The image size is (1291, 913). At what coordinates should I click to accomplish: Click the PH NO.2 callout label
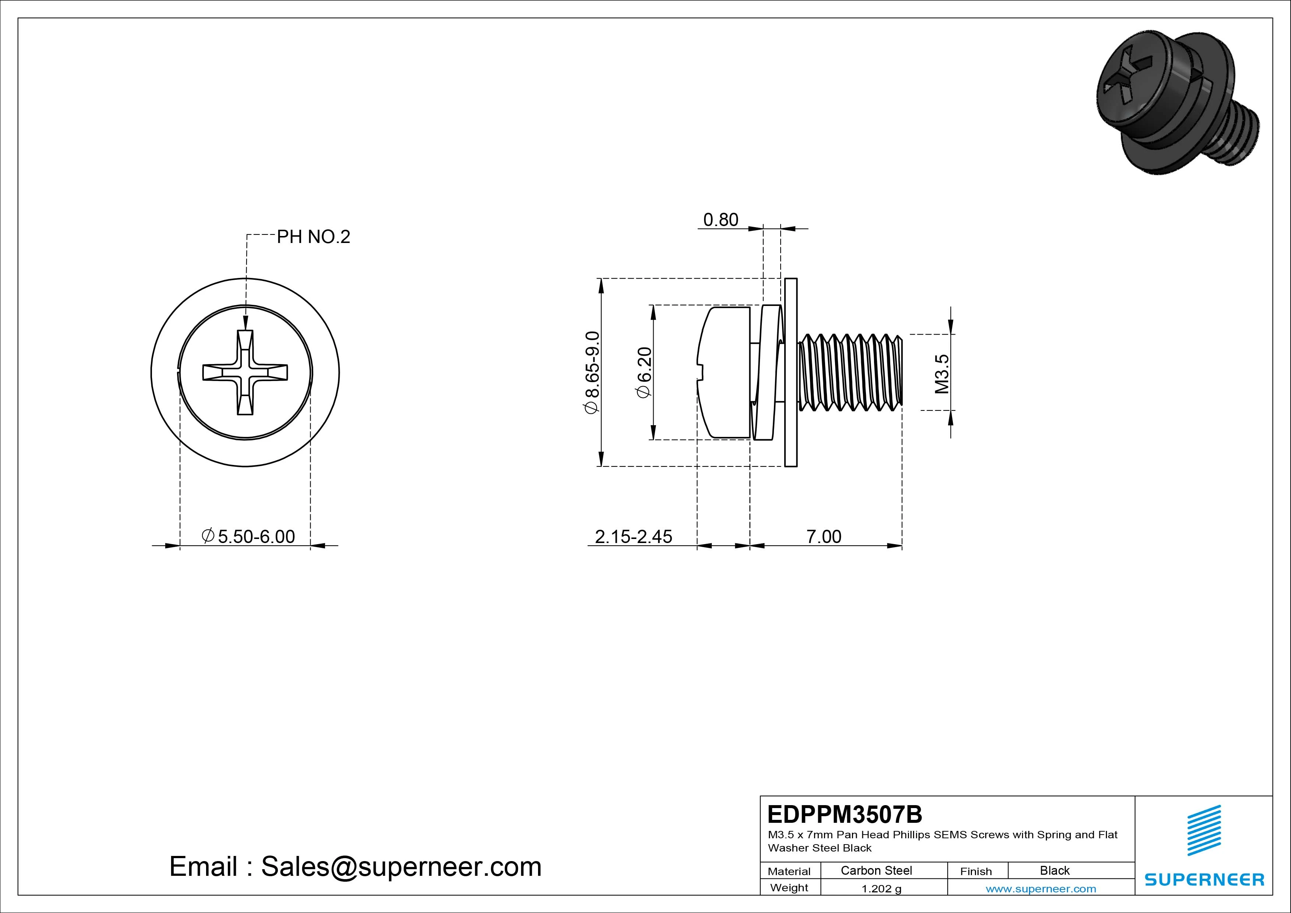pyautogui.click(x=313, y=237)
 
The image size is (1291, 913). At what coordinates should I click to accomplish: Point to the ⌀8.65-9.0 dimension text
pyautogui.click(x=593, y=373)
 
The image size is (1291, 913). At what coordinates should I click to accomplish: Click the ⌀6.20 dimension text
pyautogui.click(x=644, y=373)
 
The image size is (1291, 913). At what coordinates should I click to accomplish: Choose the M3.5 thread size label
pyautogui.click(x=942, y=374)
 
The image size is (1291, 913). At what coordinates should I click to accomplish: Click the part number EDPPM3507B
pyautogui.click(x=845, y=814)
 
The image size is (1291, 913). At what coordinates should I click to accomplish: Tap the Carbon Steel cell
pyautogui.click(x=876, y=870)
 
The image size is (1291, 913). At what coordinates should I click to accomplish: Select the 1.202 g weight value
pyautogui.click(x=881, y=889)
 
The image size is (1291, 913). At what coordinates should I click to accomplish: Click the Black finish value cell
pyautogui.click(x=1054, y=870)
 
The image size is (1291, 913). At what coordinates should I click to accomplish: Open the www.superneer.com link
pyautogui.click(x=1040, y=889)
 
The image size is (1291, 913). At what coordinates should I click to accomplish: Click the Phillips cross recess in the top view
pyautogui.click(x=245, y=373)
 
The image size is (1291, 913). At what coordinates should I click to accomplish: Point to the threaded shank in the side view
pyautogui.click(x=850, y=373)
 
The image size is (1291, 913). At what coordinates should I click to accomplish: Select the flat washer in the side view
pyautogui.click(x=790, y=373)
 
